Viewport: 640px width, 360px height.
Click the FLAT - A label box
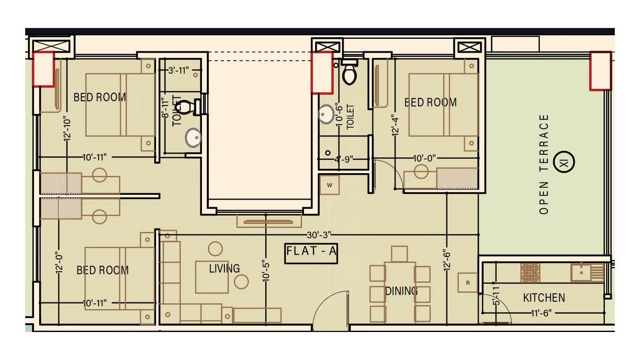311,253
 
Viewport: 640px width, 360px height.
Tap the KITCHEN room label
544,298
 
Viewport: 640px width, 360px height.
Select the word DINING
401,291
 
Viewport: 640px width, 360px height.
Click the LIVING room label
224,268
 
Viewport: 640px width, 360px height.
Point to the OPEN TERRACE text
544,164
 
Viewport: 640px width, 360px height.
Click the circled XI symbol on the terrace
564,162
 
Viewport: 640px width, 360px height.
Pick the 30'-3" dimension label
319,235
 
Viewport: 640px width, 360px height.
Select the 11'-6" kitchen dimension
542,313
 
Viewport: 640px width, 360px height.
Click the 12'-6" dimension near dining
447,260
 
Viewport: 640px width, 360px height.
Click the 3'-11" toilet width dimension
178,70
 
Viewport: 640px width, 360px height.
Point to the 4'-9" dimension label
344,159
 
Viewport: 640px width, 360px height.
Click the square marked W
330,185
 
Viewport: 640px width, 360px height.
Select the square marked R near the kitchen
468,283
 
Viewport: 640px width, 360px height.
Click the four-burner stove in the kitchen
530,272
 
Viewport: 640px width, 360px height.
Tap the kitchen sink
581,272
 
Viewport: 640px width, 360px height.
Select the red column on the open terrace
600,71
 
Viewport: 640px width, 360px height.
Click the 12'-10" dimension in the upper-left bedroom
67,128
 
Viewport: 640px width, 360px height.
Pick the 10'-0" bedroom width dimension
424,158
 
